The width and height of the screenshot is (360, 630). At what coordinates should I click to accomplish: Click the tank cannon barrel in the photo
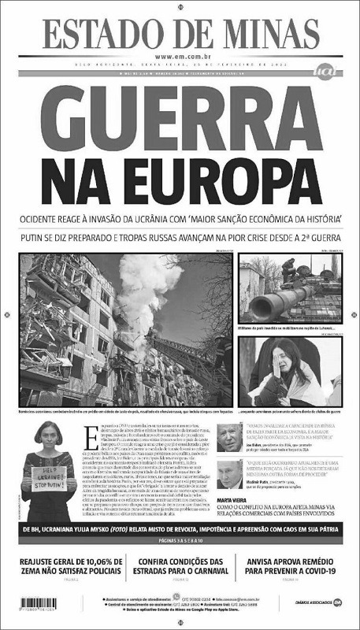[268, 298]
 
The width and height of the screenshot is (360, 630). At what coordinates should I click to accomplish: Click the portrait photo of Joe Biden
[230, 435]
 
